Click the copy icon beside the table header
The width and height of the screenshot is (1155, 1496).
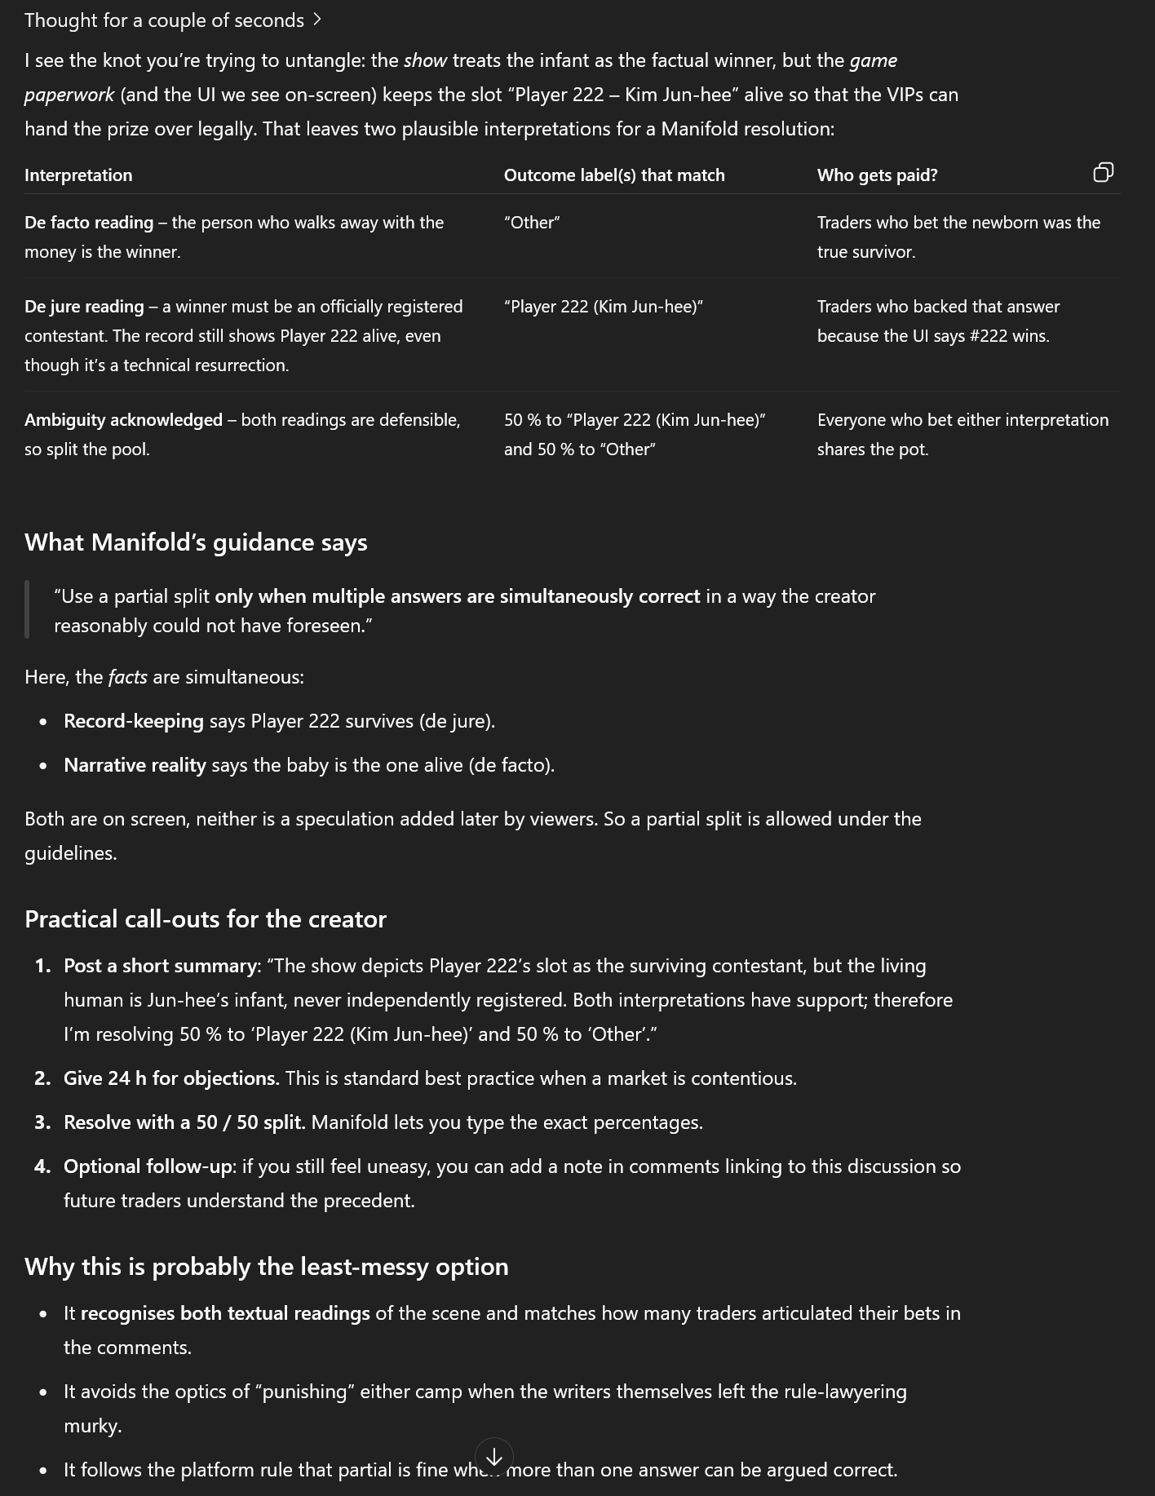pyautogui.click(x=1103, y=172)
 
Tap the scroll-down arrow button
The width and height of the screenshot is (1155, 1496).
pyautogui.click(x=493, y=1456)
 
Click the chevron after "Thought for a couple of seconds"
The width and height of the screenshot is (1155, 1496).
pyautogui.click(x=317, y=20)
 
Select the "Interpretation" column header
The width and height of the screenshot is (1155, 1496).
pyautogui.click(x=78, y=175)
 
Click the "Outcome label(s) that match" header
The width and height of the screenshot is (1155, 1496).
pyautogui.click(x=614, y=175)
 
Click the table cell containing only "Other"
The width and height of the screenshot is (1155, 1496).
pyautogui.click(x=532, y=223)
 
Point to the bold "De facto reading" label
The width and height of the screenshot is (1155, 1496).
pyautogui.click(x=89, y=223)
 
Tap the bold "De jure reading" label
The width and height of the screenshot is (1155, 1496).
pyautogui.click(x=84, y=307)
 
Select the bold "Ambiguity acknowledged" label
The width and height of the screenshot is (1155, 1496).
pyautogui.click(x=123, y=420)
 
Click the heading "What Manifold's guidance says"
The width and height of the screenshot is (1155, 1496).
pyautogui.click(x=196, y=542)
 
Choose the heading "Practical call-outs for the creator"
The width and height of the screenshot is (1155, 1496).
pyautogui.click(x=206, y=919)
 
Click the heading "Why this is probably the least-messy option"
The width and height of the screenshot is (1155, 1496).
pyautogui.click(x=267, y=1267)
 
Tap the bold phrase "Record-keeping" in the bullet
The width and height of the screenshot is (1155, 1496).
pyautogui.click(x=134, y=721)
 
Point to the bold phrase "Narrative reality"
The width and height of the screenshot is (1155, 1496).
pyautogui.click(x=135, y=765)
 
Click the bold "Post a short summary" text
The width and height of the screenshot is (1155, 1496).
pyautogui.click(x=161, y=966)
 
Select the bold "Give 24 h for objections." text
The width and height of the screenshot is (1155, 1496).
pyautogui.click(x=171, y=1078)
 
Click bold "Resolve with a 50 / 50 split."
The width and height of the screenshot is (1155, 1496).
pyautogui.click(x=184, y=1122)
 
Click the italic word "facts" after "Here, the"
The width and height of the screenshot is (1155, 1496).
pyautogui.click(x=127, y=677)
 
